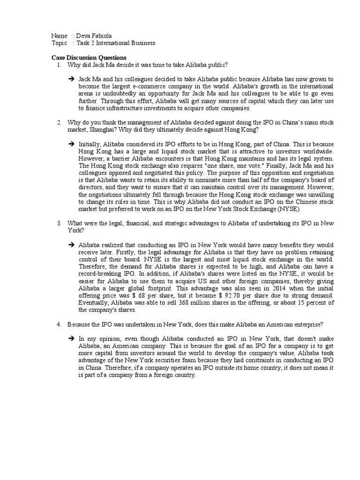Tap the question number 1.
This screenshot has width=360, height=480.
pyautogui.click(x=59, y=65)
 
